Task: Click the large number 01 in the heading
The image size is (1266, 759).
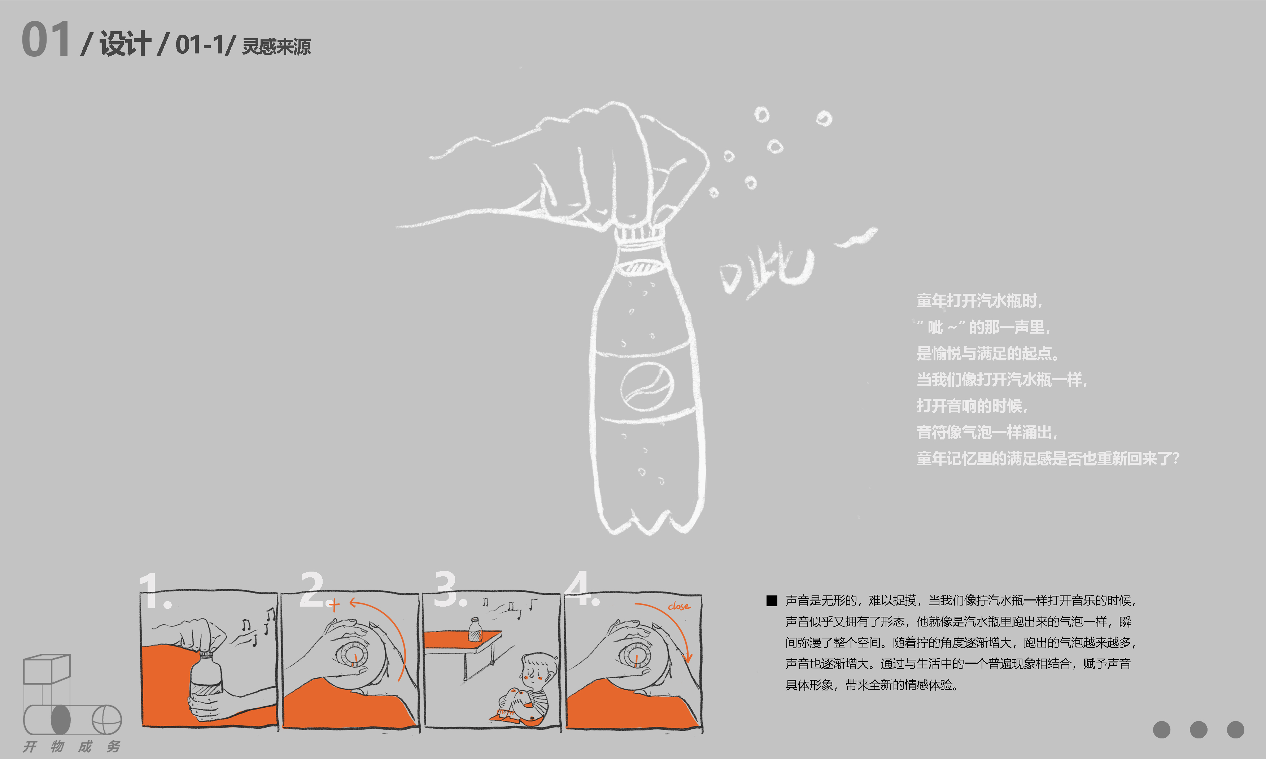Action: click(x=45, y=39)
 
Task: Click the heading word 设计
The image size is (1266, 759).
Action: click(x=125, y=43)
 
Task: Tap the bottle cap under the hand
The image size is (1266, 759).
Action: click(x=640, y=234)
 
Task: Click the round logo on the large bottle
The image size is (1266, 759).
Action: click(x=647, y=386)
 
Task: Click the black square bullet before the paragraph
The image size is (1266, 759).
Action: click(x=772, y=600)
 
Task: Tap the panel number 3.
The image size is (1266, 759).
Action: click(x=450, y=589)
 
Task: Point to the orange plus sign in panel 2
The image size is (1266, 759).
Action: click(x=334, y=606)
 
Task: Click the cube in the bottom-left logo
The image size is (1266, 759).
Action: click(x=47, y=669)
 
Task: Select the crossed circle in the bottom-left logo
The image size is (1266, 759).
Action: click(x=107, y=720)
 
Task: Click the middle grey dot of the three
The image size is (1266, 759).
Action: click(x=1199, y=730)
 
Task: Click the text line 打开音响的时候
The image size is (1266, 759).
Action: click(x=972, y=405)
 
